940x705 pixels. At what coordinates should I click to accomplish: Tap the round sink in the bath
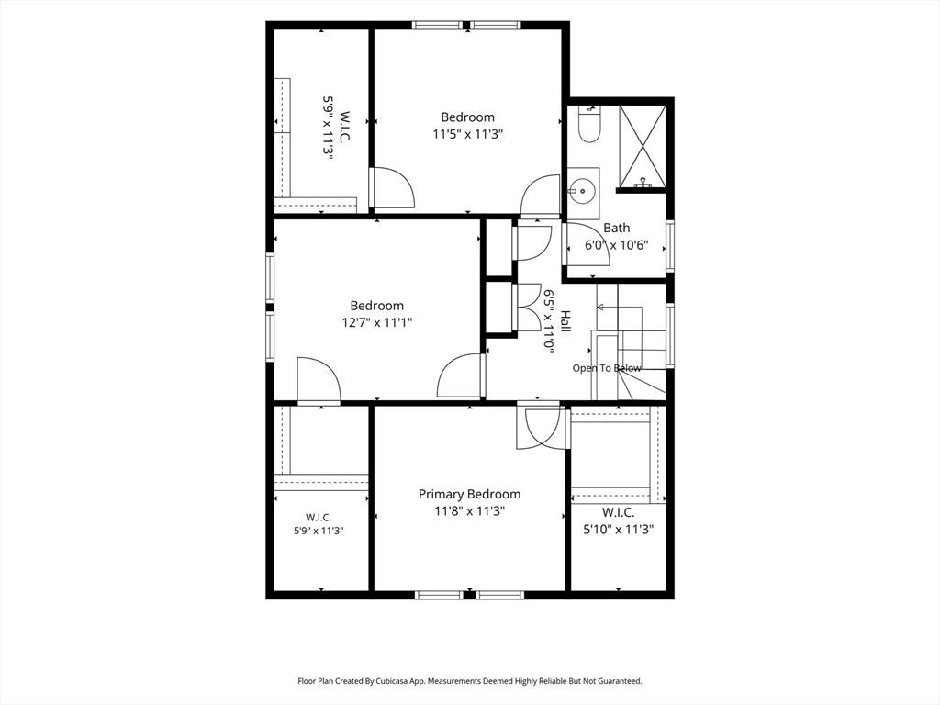click(x=582, y=191)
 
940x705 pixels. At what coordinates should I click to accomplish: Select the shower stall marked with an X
click(x=642, y=146)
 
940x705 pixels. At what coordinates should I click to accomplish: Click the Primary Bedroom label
click(x=469, y=494)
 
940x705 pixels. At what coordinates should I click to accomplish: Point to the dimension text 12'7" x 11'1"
click(x=377, y=322)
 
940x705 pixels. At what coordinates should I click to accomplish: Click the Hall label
click(x=565, y=322)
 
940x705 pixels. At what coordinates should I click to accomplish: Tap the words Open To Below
click(x=607, y=368)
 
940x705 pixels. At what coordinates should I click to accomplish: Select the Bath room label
click(x=617, y=228)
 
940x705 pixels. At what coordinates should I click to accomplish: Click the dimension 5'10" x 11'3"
click(x=618, y=530)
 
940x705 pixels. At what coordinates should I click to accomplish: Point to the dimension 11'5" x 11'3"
click(x=467, y=134)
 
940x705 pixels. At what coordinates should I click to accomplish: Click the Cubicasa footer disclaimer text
click(x=470, y=681)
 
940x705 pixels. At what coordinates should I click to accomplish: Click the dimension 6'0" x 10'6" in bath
click(x=617, y=245)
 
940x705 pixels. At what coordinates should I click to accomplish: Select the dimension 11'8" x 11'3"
click(x=470, y=511)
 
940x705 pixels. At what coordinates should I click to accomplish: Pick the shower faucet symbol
click(x=642, y=183)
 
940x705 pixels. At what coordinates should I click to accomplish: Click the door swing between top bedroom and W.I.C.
click(x=393, y=187)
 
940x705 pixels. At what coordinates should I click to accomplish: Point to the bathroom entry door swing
click(x=587, y=244)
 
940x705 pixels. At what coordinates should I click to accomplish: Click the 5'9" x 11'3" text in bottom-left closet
click(x=319, y=531)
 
